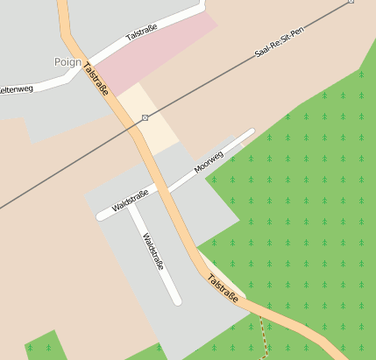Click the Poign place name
tap(67, 62)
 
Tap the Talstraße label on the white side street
tap(142, 34)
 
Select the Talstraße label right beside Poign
tap(97, 79)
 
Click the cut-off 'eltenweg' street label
tap(16, 89)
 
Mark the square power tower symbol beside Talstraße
tap(145, 117)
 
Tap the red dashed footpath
tap(263, 336)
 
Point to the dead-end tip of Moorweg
tap(251, 132)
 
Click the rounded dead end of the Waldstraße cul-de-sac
tap(177, 300)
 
